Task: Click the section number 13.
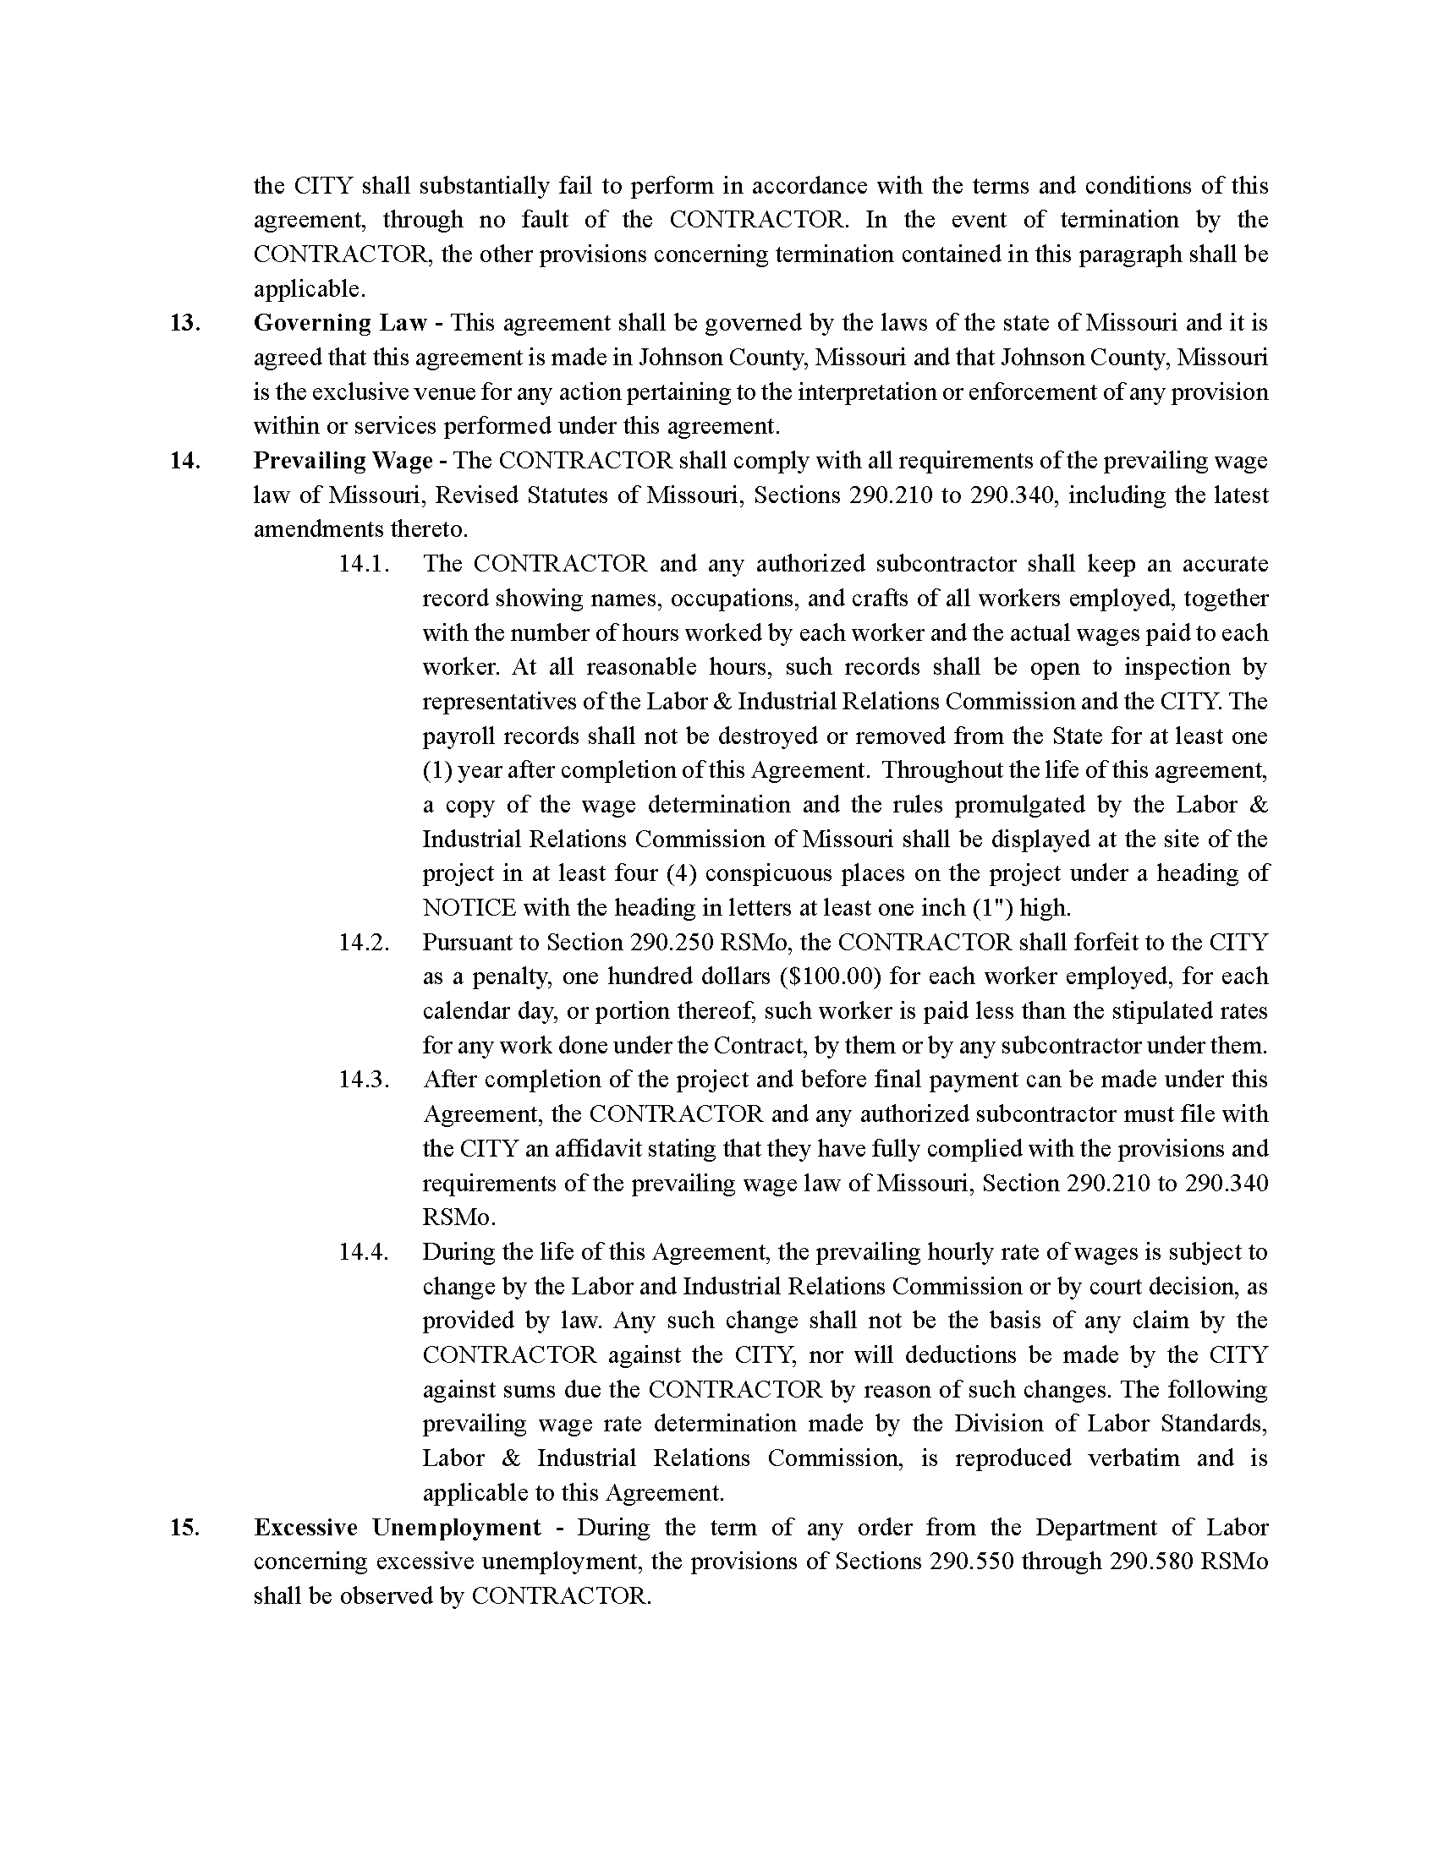click(x=184, y=324)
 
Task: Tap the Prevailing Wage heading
click(x=343, y=461)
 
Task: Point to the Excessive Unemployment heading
click(x=397, y=1528)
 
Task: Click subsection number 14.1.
click(x=364, y=564)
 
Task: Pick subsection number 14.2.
click(x=364, y=943)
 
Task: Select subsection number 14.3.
click(x=364, y=1080)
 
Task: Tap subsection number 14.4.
click(x=364, y=1252)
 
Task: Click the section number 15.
click(x=184, y=1528)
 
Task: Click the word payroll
click(x=458, y=736)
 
